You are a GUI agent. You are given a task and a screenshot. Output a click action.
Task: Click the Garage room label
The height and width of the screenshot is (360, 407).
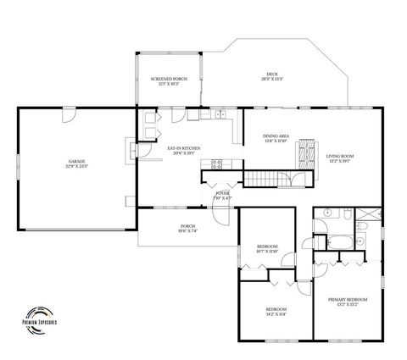(76, 164)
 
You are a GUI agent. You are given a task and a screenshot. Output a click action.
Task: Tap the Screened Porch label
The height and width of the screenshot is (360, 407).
(169, 81)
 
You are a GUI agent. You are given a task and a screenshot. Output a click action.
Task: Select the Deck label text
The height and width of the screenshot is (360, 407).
(272, 77)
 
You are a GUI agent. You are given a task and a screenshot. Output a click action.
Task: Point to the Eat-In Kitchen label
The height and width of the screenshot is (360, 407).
(183, 151)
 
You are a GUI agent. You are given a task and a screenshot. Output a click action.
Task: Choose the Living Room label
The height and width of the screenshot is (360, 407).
(340, 158)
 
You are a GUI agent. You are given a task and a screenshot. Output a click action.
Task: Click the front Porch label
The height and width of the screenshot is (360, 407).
(188, 229)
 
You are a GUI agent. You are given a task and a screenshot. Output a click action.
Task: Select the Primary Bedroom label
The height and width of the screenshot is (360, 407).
(348, 302)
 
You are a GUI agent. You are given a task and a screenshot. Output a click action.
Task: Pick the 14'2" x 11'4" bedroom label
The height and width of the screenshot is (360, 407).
(276, 312)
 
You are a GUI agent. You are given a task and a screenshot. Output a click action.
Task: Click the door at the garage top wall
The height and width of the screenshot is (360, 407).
(66, 119)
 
